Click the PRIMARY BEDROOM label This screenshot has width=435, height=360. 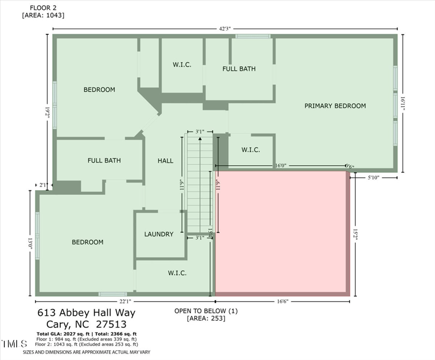[334, 105]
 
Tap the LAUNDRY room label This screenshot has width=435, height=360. [159, 234]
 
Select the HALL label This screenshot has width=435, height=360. [165, 160]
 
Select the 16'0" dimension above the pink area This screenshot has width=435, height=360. [281, 166]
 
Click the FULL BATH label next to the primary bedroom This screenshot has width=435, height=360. [239, 69]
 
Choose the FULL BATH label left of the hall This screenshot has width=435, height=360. [104, 160]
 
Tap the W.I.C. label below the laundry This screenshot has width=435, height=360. [177, 273]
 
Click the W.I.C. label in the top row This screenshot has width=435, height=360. [182, 65]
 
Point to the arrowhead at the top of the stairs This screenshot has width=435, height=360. [200, 139]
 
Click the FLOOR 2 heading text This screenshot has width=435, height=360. [35, 9]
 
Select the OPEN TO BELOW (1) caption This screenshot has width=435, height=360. [206, 311]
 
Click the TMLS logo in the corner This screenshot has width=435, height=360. [14, 344]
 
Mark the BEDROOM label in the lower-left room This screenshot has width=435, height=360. [88, 242]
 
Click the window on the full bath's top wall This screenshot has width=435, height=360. [253, 36]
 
